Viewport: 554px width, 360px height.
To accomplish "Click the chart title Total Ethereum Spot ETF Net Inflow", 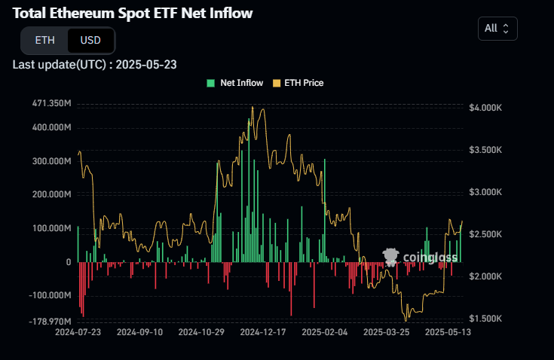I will (x=133, y=13).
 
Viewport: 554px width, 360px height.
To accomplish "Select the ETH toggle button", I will (x=45, y=40).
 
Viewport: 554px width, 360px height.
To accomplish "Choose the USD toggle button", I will (x=90, y=40).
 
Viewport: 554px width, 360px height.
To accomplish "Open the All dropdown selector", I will (x=497, y=28).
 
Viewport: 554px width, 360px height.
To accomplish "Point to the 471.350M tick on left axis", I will (x=51, y=103).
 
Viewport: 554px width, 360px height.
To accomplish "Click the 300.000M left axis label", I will (x=51, y=161).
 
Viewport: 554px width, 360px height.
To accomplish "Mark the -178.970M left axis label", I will (x=51, y=322).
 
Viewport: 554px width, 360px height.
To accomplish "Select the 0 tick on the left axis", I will (x=68, y=262).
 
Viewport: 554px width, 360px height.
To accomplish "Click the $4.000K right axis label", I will (x=485, y=108).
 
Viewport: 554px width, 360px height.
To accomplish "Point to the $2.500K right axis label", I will (x=485, y=235).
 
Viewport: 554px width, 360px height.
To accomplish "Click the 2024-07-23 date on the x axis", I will (x=78, y=331).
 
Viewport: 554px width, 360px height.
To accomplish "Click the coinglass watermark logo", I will (x=420, y=258).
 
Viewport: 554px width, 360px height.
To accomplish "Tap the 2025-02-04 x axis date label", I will (x=324, y=331).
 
